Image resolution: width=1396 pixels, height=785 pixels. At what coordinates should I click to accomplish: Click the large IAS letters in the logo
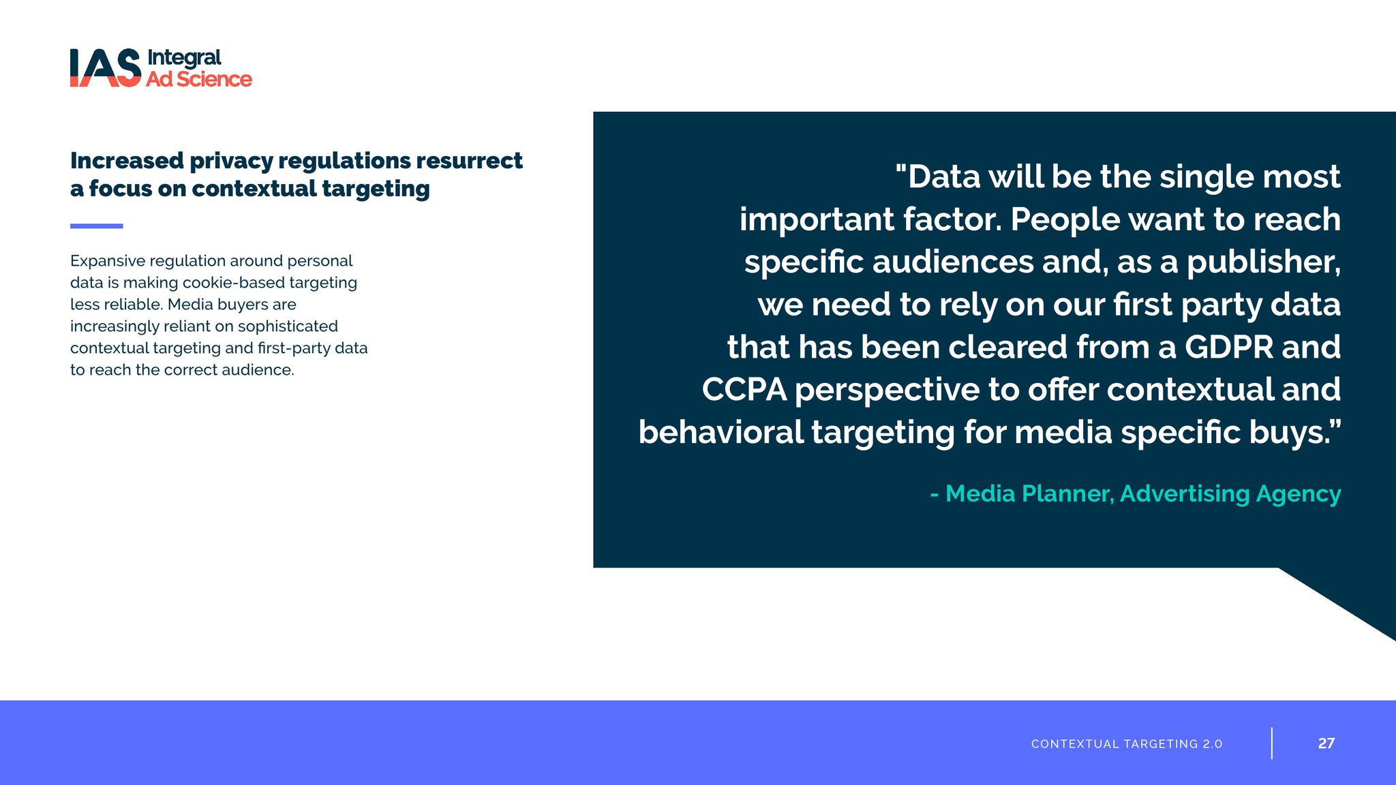point(106,67)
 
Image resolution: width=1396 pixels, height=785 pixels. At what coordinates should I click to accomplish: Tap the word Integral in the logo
point(184,59)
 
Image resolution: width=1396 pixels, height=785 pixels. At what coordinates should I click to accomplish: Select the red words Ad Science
point(199,79)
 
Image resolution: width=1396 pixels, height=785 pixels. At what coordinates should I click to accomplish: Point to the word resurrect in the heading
point(469,161)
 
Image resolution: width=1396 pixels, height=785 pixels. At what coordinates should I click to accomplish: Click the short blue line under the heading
point(97,226)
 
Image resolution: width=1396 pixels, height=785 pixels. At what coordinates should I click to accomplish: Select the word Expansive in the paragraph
point(107,262)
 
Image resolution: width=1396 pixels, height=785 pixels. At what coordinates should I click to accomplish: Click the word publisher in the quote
point(1264,262)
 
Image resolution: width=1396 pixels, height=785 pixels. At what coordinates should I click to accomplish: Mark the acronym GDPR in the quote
point(1228,347)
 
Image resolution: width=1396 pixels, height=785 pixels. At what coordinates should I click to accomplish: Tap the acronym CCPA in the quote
point(744,390)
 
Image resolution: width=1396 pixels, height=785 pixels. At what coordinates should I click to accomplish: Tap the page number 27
point(1326,743)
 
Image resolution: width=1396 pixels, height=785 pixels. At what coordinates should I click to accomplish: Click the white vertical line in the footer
point(1272,743)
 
